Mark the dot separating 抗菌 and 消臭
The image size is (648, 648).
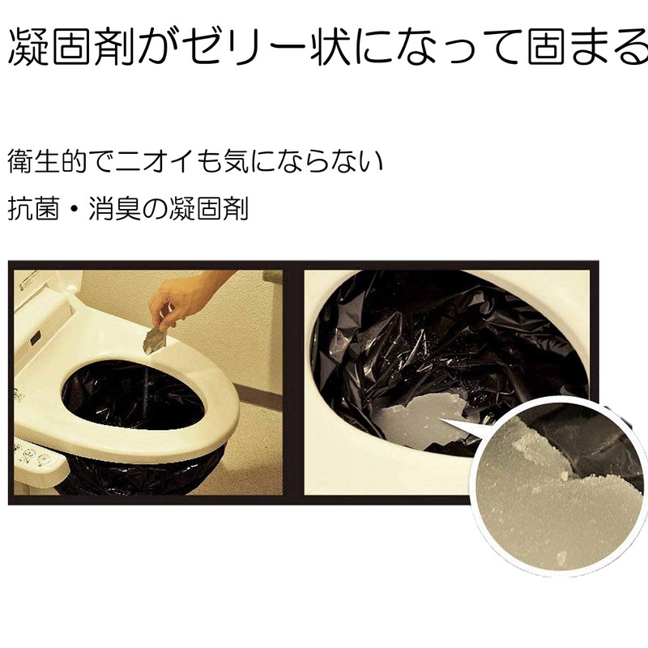click(x=90, y=209)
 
